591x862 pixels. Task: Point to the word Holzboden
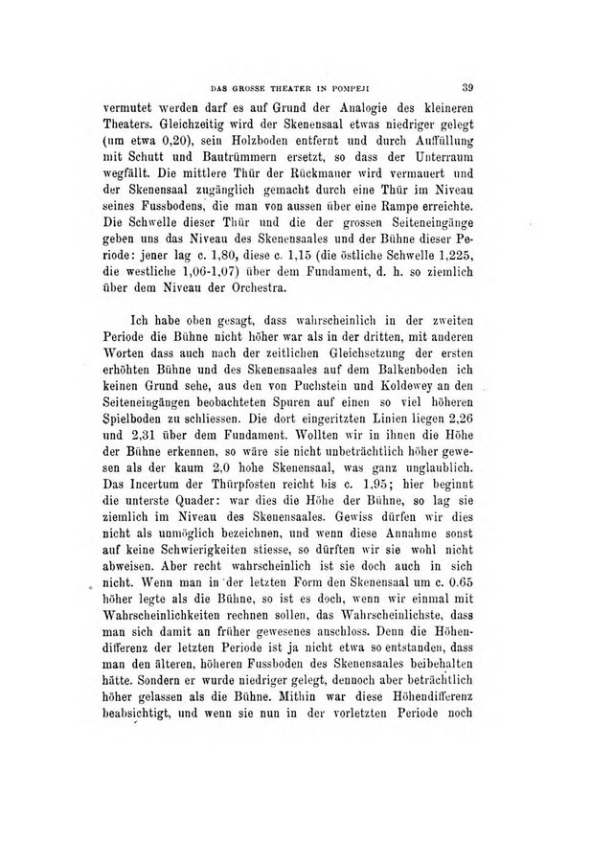click(269, 143)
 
